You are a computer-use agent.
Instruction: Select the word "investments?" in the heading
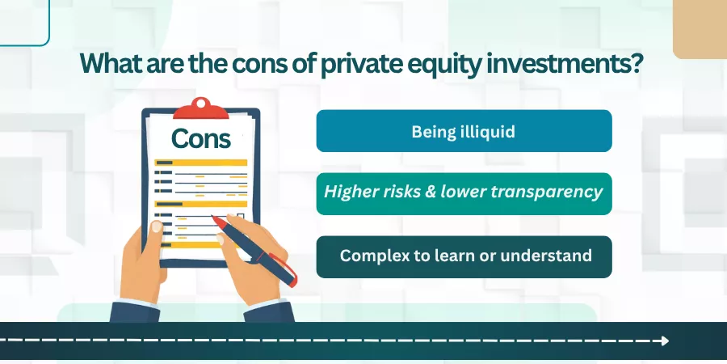coord(559,64)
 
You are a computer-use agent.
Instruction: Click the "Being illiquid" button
coord(464,131)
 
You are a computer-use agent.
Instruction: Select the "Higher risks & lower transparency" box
coord(464,193)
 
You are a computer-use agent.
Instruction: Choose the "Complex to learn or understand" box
coord(464,256)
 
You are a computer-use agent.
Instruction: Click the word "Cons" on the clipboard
coord(201,138)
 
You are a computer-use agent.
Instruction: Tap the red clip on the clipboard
coord(201,108)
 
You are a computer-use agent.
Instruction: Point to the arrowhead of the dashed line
coord(666,341)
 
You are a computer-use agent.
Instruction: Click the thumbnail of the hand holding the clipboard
coord(157,226)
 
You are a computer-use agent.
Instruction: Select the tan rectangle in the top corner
coord(700,29)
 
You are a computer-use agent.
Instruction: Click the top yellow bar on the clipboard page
coord(201,163)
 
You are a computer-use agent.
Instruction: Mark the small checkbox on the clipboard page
coord(240,216)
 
